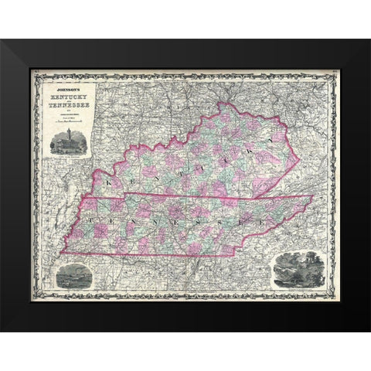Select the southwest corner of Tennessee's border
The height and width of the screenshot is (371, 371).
tap(62, 252)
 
